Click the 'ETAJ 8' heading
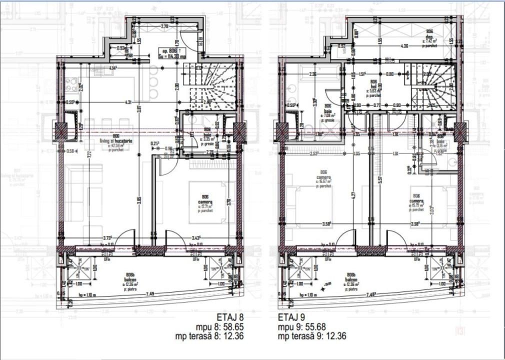(232, 316)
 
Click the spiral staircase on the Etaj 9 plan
(430, 87)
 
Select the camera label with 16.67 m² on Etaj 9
(322, 179)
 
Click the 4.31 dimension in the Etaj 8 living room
(127, 103)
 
